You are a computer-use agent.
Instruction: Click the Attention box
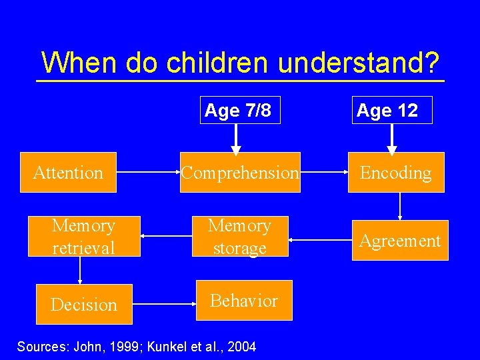(68, 173)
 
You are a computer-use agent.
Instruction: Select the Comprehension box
(240, 173)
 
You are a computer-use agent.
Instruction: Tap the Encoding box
(397, 173)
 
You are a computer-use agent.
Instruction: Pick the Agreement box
(400, 241)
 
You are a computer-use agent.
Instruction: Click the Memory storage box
(240, 237)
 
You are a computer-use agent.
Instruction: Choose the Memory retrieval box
(83, 237)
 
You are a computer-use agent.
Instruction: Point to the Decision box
(83, 305)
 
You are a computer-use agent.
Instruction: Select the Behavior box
(244, 301)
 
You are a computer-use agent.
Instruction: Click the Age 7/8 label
(238, 110)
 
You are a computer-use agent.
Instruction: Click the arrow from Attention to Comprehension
(148, 172)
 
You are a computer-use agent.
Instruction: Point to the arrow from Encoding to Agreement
(400, 206)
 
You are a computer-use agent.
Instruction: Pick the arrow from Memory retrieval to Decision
(80, 271)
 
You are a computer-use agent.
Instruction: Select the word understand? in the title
(359, 63)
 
